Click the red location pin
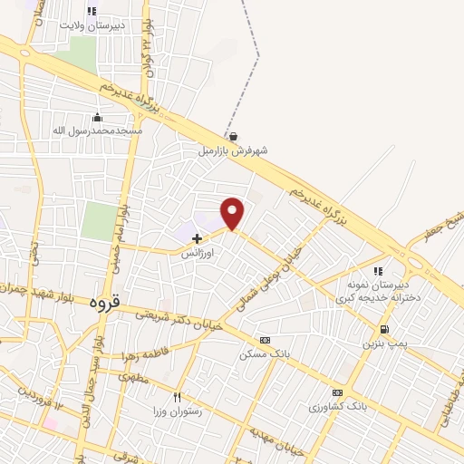point(234,213)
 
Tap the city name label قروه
point(105,303)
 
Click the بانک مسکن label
point(265,353)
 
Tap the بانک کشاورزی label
point(339,406)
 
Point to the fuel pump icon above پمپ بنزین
point(386,330)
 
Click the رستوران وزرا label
point(178,411)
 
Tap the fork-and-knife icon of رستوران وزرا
point(178,397)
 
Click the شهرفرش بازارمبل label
point(235,150)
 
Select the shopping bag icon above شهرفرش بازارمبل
point(234,137)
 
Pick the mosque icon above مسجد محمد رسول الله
point(98,118)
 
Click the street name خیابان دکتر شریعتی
point(178,322)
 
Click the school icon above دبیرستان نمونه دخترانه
point(379,270)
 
